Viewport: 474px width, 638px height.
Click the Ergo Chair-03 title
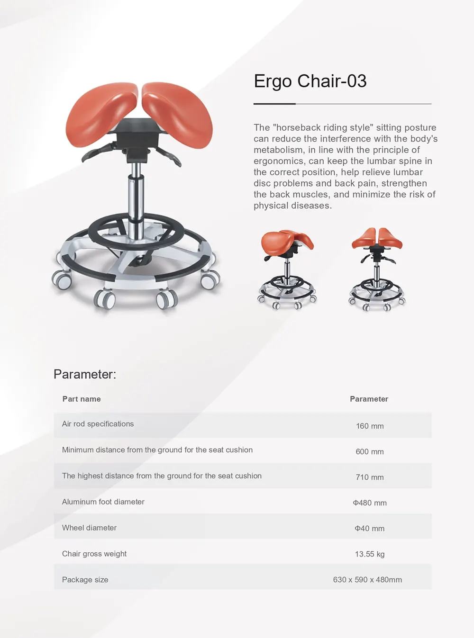click(x=310, y=81)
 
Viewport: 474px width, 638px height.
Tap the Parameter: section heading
click(x=85, y=374)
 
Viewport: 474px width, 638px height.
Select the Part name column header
click(x=82, y=399)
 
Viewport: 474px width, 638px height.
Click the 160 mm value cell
click(x=370, y=426)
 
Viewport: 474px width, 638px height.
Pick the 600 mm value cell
click(x=370, y=451)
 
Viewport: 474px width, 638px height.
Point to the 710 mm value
click(x=370, y=477)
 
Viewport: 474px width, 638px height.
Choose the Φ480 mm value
click(x=370, y=503)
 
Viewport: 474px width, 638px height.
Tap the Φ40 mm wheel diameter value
click(x=370, y=529)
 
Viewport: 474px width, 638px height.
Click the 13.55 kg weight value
click(x=370, y=554)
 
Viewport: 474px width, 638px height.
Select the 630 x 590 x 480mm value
click(x=367, y=580)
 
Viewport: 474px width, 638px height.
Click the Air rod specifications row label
click(x=98, y=424)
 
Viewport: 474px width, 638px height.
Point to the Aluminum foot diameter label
click(x=103, y=502)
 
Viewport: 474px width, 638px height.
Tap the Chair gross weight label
click(x=94, y=554)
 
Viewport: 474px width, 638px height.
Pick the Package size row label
click(x=85, y=580)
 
